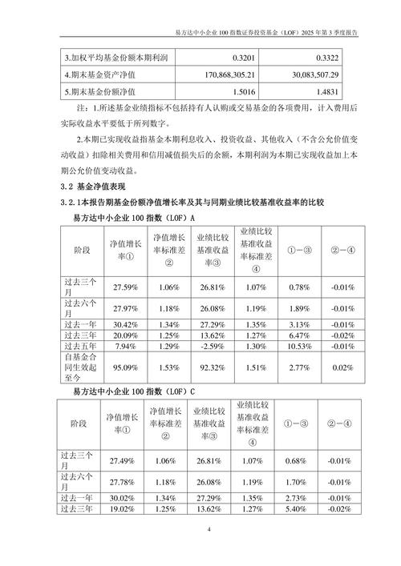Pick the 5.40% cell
297,508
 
